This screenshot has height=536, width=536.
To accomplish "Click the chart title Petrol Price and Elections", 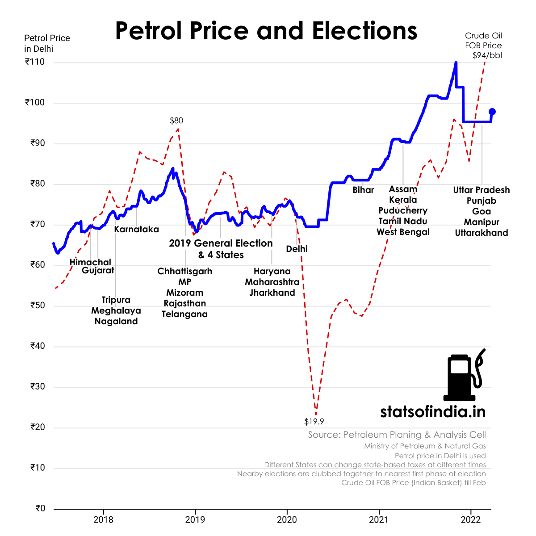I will pos(266,31).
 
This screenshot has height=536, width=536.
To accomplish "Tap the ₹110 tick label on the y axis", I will pos(35,62).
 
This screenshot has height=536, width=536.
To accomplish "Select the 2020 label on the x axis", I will pos(287,519).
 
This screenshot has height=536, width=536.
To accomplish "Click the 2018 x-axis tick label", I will pos(103,519).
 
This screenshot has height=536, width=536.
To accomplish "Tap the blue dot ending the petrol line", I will pos(492,112).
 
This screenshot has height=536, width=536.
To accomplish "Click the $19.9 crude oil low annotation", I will pos(314,422).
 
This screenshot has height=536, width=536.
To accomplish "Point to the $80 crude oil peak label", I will pos(176,121).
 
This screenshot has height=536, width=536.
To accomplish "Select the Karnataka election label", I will pos(136,230).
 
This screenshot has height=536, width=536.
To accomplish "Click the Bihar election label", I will pos(363,190).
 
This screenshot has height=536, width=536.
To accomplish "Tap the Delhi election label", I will pos(297,249).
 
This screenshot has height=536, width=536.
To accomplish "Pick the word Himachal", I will pos(90,262).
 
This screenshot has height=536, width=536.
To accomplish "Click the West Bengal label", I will pos(403,232).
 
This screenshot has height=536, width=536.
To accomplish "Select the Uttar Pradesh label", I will pos(481,190).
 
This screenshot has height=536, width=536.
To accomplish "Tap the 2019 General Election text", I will pos(221,243).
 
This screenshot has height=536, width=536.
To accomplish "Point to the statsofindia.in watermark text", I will pos(432,411).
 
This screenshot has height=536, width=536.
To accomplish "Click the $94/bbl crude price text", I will pos(487,55).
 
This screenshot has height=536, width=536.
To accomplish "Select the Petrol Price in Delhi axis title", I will pos(47,43).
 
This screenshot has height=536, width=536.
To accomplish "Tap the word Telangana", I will pos(184,314).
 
